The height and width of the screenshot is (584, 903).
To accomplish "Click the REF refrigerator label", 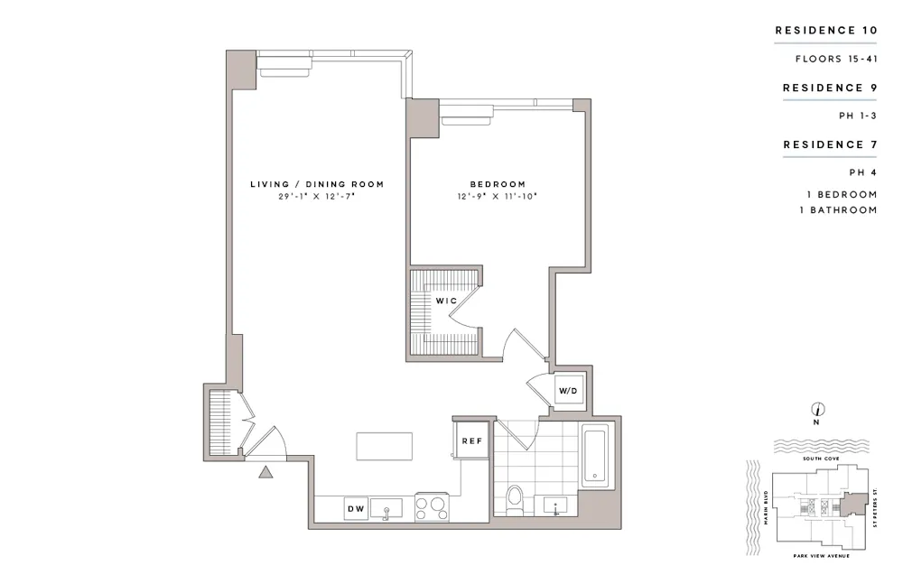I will [470, 440].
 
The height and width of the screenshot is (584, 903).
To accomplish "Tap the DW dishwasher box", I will [356, 509].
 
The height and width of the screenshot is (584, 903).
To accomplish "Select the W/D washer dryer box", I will [567, 391].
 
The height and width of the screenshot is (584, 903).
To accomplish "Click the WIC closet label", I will [445, 299].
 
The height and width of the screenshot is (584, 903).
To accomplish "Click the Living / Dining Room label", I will [317, 184].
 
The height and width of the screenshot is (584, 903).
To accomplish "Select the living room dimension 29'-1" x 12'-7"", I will [317, 196].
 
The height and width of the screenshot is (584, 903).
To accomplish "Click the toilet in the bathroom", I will [516, 499].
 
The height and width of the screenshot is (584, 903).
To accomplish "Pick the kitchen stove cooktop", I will [431, 507].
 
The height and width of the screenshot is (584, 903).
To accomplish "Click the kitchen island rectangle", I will [385, 446].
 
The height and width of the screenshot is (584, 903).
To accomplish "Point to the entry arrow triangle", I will [265, 471].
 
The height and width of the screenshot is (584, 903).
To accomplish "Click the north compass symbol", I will [815, 410].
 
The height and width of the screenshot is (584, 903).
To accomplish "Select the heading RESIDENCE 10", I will [826, 31].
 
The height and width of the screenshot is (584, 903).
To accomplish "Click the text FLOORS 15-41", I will [836, 60].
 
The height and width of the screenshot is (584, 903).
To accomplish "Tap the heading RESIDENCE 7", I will [830, 144].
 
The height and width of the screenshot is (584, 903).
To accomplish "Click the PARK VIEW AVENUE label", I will [817, 556].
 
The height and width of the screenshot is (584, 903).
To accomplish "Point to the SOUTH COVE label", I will [815, 459].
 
